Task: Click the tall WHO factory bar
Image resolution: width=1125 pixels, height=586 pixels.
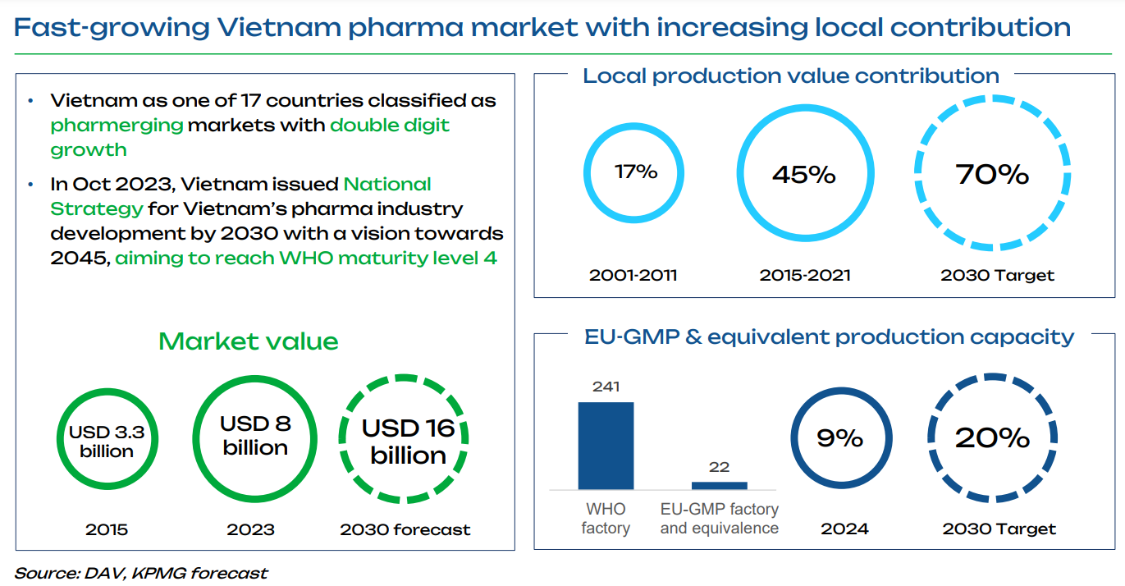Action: pyautogui.click(x=606, y=446)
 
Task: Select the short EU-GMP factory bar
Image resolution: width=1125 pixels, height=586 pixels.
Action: pyautogui.click(x=719, y=485)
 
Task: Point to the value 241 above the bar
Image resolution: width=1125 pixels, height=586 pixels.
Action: pyautogui.click(x=606, y=386)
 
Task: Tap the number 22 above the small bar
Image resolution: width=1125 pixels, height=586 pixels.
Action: pyautogui.click(x=719, y=466)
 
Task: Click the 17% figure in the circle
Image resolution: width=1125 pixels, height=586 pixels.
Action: pyautogui.click(x=636, y=172)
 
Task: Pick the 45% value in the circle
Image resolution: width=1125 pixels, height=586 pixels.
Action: pyautogui.click(x=803, y=174)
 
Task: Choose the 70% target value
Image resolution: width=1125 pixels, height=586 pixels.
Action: pyautogui.click(x=993, y=174)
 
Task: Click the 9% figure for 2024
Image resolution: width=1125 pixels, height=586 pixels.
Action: pyautogui.click(x=840, y=438)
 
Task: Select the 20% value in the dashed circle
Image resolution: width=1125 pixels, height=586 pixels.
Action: pyautogui.click(x=992, y=438)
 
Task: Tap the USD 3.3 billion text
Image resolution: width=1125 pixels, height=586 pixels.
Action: pyautogui.click(x=107, y=442)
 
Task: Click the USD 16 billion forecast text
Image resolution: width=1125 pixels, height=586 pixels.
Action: pyautogui.click(x=408, y=441)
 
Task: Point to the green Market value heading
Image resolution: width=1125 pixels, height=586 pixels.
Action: pyautogui.click(x=248, y=341)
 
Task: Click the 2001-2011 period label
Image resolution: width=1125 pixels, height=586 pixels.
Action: pyautogui.click(x=633, y=275)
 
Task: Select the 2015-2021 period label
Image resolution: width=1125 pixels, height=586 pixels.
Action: pyautogui.click(x=804, y=275)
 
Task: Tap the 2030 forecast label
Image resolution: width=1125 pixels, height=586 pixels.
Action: pyautogui.click(x=405, y=529)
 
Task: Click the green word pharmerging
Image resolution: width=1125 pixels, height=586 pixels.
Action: pyautogui.click(x=117, y=126)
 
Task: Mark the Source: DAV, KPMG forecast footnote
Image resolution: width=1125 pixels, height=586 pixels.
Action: pyautogui.click(x=141, y=573)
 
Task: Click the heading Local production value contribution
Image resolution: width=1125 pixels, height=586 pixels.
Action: pyautogui.click(x=790, y=76)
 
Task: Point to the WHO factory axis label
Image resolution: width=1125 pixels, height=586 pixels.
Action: pyautogui.click(x=606, y=519)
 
